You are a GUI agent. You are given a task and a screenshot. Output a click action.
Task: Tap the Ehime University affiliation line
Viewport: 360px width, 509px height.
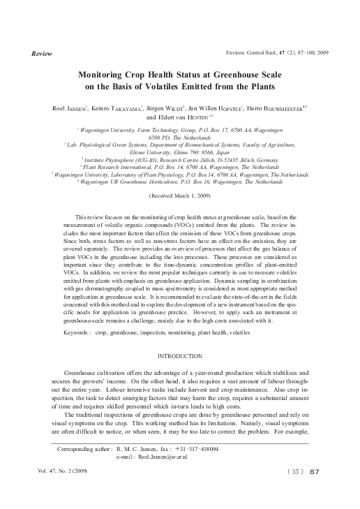click(x=180, y=149)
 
